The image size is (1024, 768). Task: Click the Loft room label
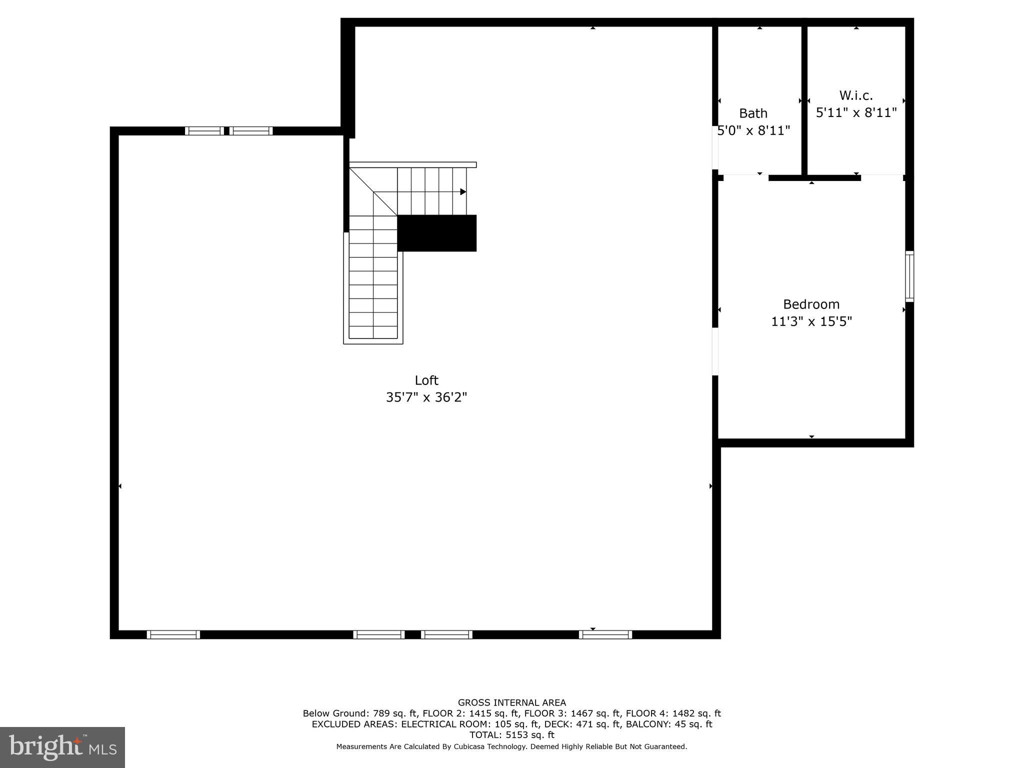pyautogui.click(x=426, y=380)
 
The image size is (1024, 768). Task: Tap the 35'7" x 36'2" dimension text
pyautogui.click(x=426, y=397)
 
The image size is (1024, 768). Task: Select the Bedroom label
pyautogui.click(x=811, y=304)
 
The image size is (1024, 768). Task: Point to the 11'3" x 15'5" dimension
pyautogui.click(x=811, y=321)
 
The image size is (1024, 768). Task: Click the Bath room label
pyautogui.click(x=753, y=113)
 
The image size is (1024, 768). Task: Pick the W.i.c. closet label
pyautogui.click(x=856, y=95)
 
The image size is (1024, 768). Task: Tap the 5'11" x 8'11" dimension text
pyautogui.click(x=856, y=113)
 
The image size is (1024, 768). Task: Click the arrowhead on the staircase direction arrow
pyautogui.click(x=463, y=192)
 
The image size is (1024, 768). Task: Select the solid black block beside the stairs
pyautogui.click(x=436, y=233)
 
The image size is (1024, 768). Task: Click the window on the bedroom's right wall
pyautogui.click(x=909, y=276)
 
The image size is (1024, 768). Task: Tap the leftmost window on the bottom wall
pyautogui.click(x=173, y=634)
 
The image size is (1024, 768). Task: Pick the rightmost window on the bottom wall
pyautogui.click(x=605, y=634)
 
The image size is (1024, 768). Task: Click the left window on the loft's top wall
pyautogui.click(x=204, y=131)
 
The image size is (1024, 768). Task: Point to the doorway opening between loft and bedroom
pyautogui.click(x=715, y=351)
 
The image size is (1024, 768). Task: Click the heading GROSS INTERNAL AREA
pyautogui.click(x=511, y=702)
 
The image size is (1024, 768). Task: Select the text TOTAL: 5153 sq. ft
pyautogui.click(x=511, y=735)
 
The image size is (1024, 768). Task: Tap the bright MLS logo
pyautogui.click(x=62, y=747)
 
